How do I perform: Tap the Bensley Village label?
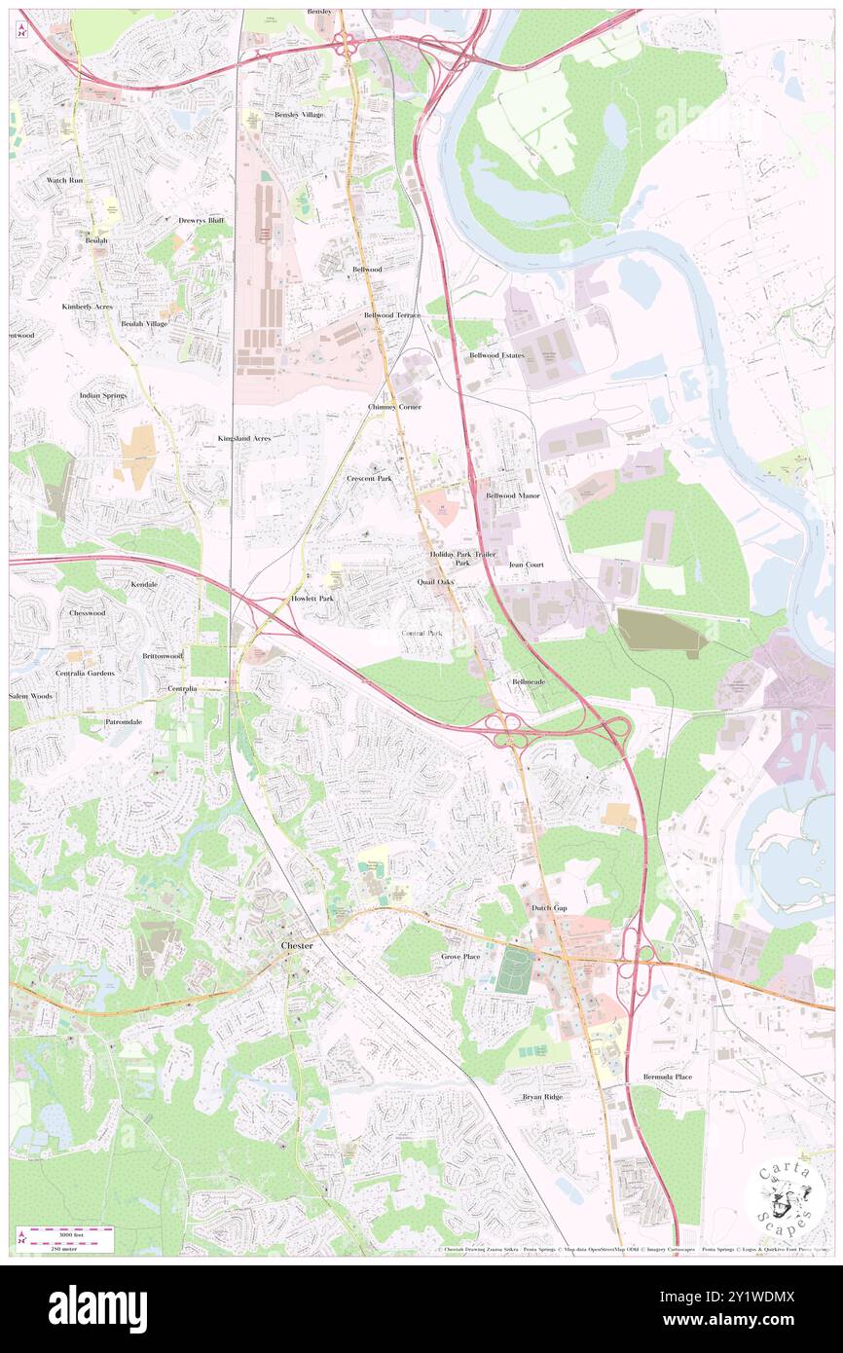click(298, 115)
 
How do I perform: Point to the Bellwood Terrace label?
click(392, 315)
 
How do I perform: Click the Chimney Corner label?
click(394, 406)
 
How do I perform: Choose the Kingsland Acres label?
click(243, 439)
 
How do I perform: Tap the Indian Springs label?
click(103, 396)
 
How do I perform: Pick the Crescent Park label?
click(369, 479)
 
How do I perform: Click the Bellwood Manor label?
click(512, 495)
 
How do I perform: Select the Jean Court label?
click(526, 564)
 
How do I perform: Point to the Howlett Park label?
click(312, 598)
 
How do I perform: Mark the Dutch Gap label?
click(548, 907)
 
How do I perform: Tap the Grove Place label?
click(460, 957)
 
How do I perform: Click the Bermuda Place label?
click(668, 1077)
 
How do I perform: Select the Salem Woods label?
click(31, 697)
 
